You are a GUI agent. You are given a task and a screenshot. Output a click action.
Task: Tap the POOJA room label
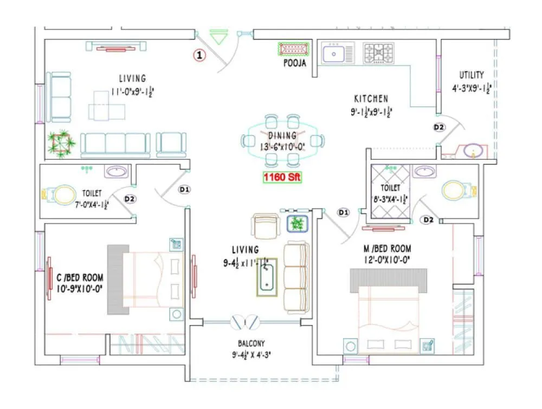click(x=295, y=63)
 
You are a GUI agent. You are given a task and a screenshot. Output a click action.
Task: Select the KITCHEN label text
click(x=371, y=99)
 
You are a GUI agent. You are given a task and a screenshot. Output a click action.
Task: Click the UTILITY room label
click(x=471, y=75)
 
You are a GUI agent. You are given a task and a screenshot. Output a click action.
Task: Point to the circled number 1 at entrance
click(x=200, y=54)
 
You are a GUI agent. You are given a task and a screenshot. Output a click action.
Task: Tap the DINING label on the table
click(x=282, y=135)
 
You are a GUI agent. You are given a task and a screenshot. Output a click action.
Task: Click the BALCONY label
click(x=251, y=343)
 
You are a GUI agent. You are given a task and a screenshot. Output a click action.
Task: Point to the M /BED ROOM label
click(x=387, y=249)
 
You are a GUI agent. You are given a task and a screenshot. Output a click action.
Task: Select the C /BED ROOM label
click(x=80, y=278)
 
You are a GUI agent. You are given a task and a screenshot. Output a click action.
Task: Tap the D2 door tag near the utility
click(x=438, y=127)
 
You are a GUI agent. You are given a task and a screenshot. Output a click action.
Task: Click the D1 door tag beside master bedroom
click(x=343, y=213)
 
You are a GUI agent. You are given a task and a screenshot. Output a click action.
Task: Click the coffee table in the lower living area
click(x=267, y=277)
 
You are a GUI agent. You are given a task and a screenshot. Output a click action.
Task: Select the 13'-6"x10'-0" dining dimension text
click(x=282, y=146)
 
